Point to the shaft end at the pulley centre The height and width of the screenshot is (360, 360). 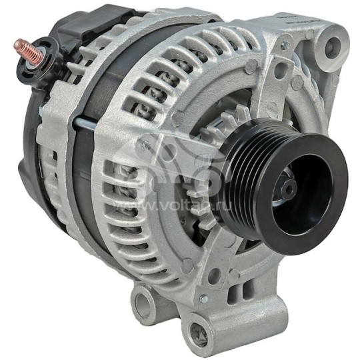click(x=289, y=190)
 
